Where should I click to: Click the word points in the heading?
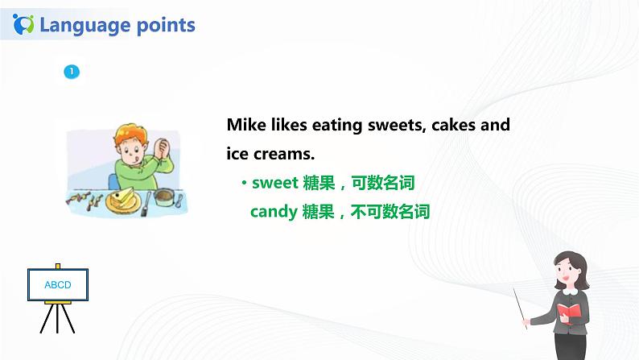pos(165,25)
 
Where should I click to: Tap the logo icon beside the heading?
pos(25,24)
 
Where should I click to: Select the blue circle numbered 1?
pos(72,72)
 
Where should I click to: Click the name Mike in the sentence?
pos(245,126)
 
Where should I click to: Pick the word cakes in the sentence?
pos(458,126)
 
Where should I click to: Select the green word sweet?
pos(275,183)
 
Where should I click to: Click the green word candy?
pos(274,212)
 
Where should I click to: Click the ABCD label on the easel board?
pos(58,285)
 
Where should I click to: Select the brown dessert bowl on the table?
pos(166,196)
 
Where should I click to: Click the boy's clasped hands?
pos(159,150)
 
